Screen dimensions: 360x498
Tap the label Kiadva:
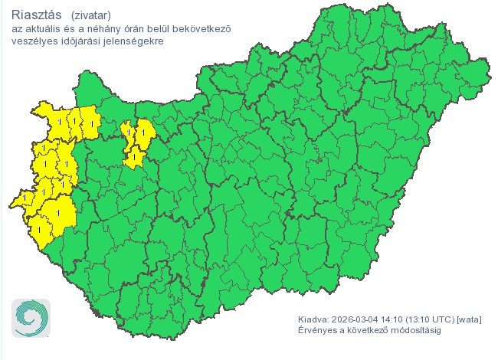pos(313,319)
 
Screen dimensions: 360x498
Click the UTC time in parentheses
pos(431,319)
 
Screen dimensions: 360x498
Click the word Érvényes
pos(316,331)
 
